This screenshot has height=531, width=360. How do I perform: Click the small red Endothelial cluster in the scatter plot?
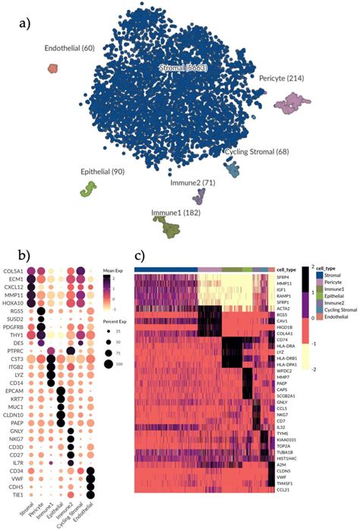click(52, 68)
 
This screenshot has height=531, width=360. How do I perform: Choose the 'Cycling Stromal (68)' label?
click(257, 152)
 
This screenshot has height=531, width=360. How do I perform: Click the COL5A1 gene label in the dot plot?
click(12, 271)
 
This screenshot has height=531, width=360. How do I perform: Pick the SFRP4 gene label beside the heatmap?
click(286, 277)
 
